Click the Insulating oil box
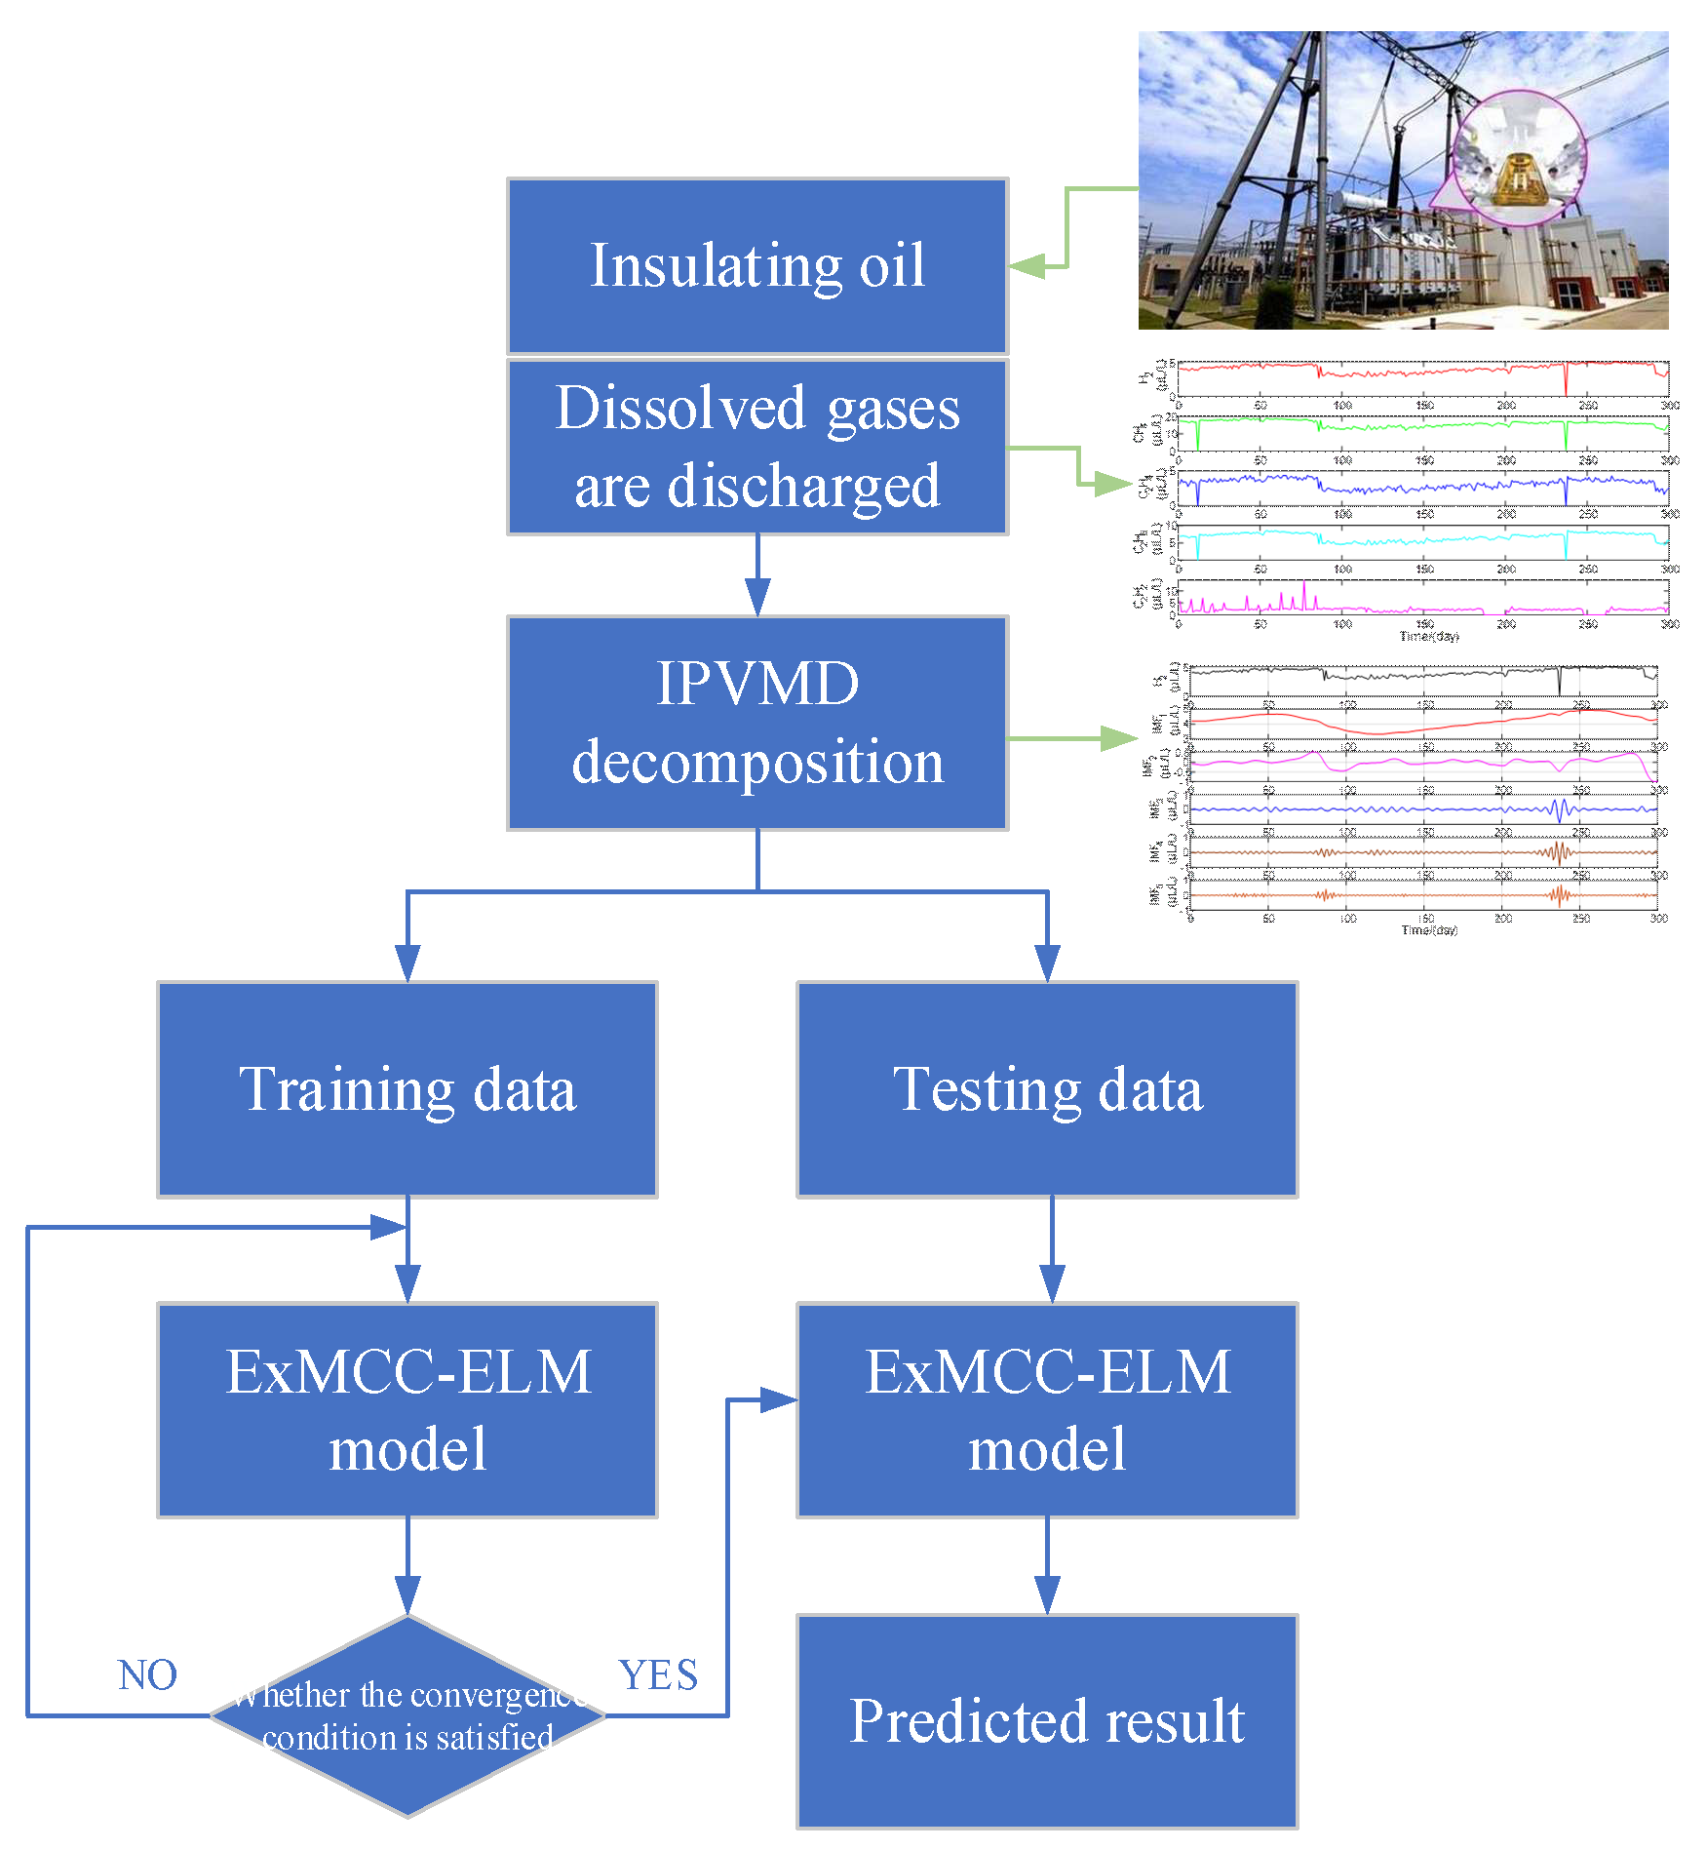click(757, 265)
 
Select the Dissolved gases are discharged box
click(757, 447)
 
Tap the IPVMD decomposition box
click(757, 723)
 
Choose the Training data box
click(407, 1089)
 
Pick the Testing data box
click(1047, 1089)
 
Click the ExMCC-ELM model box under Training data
click(407, 1409)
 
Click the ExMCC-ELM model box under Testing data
click(1047, 1409)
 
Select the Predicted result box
click(1047, 1721)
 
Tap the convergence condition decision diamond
click(407, 1716)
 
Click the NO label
click(147, 1675)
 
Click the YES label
click(658, 1675)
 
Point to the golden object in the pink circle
click(1517, 176)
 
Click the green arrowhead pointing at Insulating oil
click(1027, 265)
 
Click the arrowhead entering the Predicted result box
click(1047, 1595)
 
